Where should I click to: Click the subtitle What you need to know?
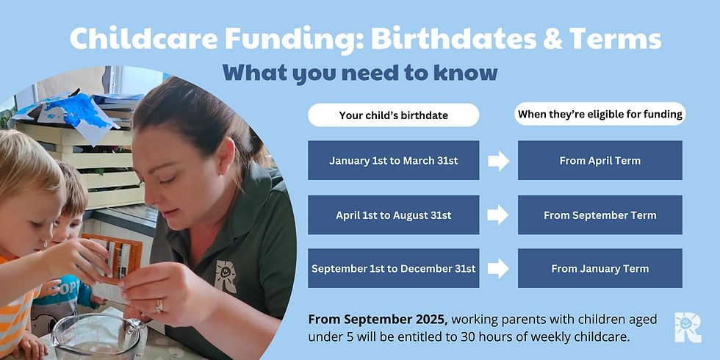point(360,72)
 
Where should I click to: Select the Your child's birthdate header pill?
point(393,115)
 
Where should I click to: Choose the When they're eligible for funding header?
point(600,115)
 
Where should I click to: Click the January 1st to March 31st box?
point(393,160)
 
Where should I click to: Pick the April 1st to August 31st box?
point(393,215)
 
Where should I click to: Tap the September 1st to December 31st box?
point(393,269)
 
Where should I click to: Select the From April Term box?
point(600,160)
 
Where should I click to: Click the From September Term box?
point(600,215)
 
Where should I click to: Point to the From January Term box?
point(600,269)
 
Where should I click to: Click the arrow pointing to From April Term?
point(499,160)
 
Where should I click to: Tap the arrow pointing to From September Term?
point(499,215)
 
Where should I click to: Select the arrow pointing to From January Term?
point(499,269)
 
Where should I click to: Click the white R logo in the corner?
point(688,326)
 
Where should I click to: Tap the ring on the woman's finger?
point(159,305)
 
